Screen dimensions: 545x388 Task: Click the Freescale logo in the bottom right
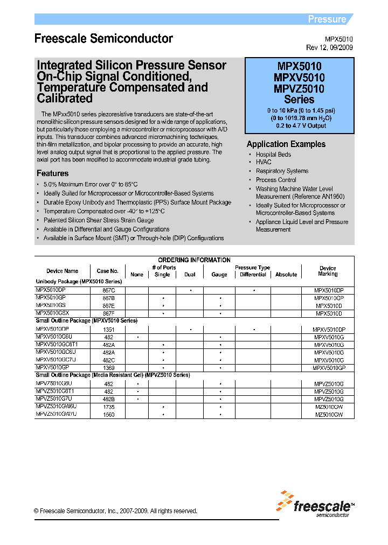point(315,505)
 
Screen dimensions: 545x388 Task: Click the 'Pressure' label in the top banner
point(327,19)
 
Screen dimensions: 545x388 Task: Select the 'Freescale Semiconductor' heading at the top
point(103,39)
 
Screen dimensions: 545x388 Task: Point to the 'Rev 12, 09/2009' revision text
point(330,47)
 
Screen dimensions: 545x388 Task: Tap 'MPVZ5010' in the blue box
point(299,89)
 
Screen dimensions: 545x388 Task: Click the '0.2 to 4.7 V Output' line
point(299,126)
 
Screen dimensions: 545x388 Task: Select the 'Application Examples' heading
point(286,144)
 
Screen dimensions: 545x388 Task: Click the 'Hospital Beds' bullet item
point(273,155)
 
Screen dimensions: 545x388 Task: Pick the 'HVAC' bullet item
point(264,162)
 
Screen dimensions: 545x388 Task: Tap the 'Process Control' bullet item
point(276,180)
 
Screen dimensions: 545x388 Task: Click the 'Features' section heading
point(52,173)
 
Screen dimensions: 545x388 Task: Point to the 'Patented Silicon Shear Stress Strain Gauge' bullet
point(99,220)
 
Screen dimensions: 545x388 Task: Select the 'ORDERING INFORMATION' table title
point(194,260)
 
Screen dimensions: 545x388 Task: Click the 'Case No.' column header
point(107,271)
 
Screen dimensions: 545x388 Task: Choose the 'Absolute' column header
point(286,275)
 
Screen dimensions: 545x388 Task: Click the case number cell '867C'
point(108,290)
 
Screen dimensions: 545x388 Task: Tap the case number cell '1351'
point(108,329)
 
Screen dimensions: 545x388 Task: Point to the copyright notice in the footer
point(115,511)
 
